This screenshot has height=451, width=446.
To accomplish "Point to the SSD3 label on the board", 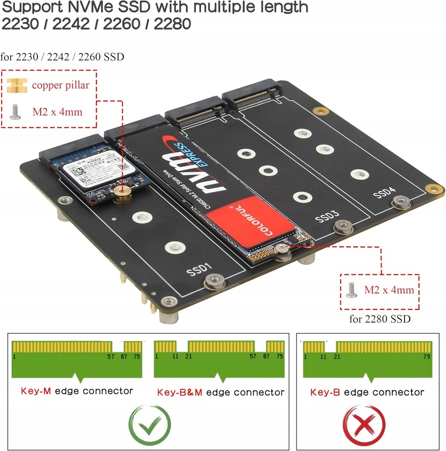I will [x=327, y=216].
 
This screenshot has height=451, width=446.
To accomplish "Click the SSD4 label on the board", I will [x=384, y=192].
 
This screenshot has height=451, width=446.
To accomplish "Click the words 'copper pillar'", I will [x=60, y=85].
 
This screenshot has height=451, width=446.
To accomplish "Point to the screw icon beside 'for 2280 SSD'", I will [x=351, y=290].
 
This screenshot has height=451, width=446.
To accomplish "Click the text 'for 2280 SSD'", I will [x=380, y=319].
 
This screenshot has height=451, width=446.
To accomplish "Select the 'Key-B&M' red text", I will [x=179, y=392].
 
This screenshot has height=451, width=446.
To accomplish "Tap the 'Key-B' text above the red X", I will [x=326, y=392].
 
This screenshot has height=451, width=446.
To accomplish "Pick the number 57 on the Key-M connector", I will [x=111, y=356].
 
